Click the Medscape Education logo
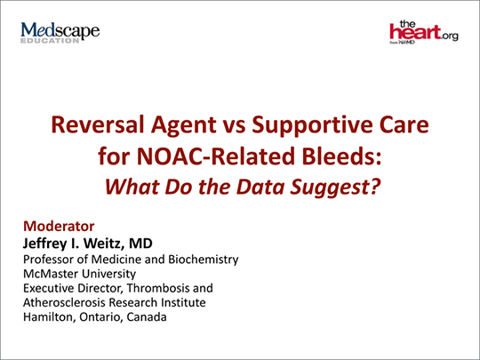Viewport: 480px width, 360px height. [60, 33]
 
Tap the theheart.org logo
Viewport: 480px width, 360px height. [424, 32]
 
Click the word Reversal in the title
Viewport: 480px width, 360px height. [98, 124]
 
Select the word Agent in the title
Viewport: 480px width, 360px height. [183, 125]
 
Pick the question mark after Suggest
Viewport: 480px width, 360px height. [375, 186]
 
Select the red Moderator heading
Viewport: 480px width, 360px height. [59, 227]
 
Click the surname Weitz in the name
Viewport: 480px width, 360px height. [103, 244]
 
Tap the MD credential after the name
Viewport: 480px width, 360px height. [140, 244]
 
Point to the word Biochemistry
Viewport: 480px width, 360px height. [204, 260]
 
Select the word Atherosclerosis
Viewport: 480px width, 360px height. [64, 302]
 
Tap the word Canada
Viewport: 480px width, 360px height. [147, 316]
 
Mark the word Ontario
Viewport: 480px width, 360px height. [100, 317]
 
